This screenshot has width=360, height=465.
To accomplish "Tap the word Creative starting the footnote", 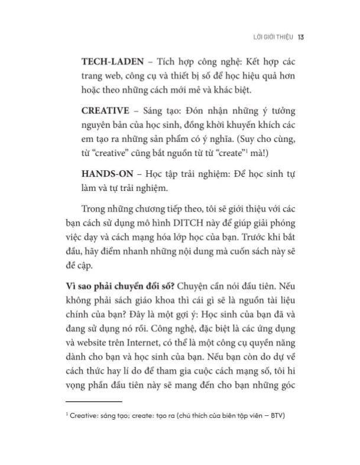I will click(82, 415).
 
